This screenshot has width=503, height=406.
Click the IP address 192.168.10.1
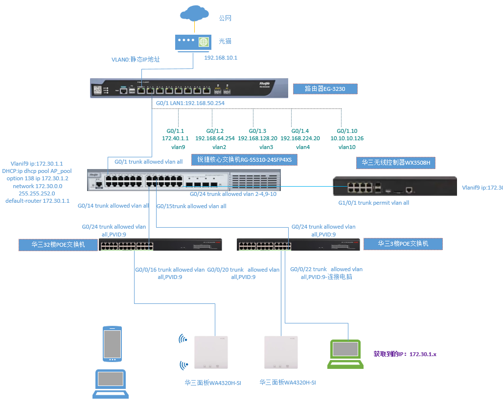click(x=220, y=58)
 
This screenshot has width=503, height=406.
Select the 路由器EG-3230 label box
click(x=325, y=89)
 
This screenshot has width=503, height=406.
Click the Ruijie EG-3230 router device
click(x=189, y=87)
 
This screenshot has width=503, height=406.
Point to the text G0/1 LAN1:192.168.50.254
click(x=190, y=104)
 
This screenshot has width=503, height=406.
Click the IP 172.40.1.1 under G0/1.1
click(x=175, y=139)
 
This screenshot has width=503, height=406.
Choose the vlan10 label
click(x=347, y=147)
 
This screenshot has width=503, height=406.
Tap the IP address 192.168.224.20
click(x=300, y=139)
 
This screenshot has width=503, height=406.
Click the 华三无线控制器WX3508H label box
click(x=398, y=163)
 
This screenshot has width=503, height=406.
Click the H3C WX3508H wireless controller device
click(x=394, y=187)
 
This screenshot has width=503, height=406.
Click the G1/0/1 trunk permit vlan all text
click(x=374, y=203)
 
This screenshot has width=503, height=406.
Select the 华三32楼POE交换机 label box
click(x=58, y=244)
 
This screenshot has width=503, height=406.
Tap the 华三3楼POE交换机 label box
click(x=403, y=243)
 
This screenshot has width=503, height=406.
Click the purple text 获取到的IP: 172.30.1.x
click(x=405, y=354)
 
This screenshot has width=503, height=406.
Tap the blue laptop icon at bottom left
click(x=111, y=385)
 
